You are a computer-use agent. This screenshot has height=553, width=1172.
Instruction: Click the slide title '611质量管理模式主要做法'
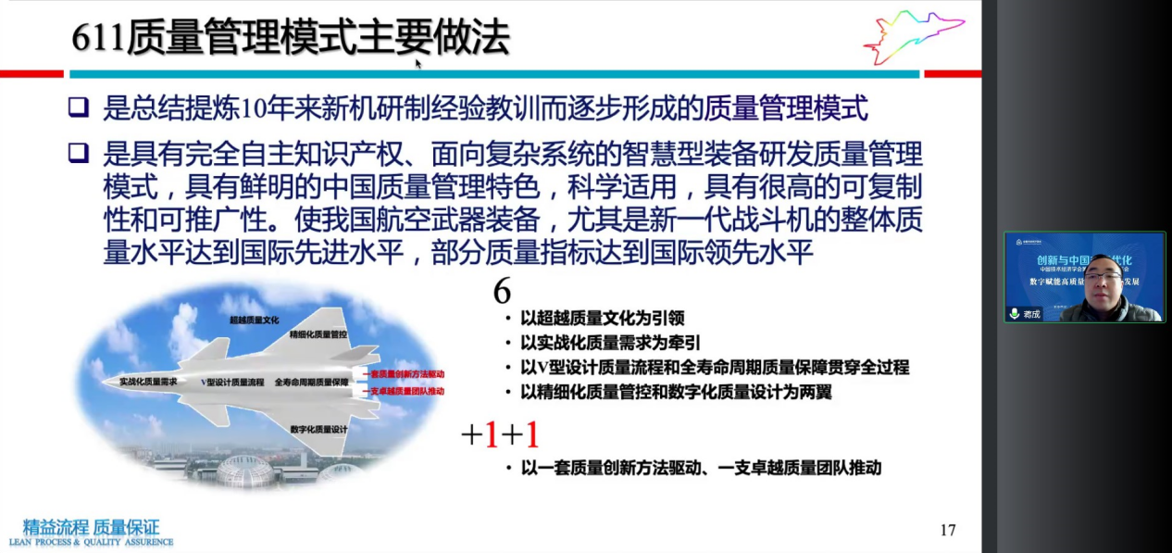click(291, 38)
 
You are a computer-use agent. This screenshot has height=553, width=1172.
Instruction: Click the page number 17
click(947, 530)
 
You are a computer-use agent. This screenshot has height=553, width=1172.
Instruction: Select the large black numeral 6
click(502, 291)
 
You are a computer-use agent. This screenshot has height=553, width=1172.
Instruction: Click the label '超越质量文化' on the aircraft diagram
click(255, 320)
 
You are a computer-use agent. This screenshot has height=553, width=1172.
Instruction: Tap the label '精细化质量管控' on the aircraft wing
click(318, 333)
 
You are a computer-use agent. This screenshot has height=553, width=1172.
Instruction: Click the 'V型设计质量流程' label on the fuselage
click(232, 382)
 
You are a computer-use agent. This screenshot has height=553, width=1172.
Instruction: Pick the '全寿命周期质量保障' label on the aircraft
click(311, 382)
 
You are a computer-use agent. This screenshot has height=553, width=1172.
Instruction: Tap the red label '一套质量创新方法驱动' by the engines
click(406, 374)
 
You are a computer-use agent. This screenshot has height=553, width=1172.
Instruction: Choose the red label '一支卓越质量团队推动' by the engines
click(406, 391)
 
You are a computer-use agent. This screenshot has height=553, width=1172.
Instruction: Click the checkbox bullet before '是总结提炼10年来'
click(79, 109)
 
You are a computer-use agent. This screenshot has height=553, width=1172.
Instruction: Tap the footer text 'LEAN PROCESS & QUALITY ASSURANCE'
click(91, 542)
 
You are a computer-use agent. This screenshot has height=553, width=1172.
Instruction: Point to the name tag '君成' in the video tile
click(1031, 314)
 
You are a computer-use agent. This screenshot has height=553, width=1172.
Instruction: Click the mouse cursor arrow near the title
click(418, 63)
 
